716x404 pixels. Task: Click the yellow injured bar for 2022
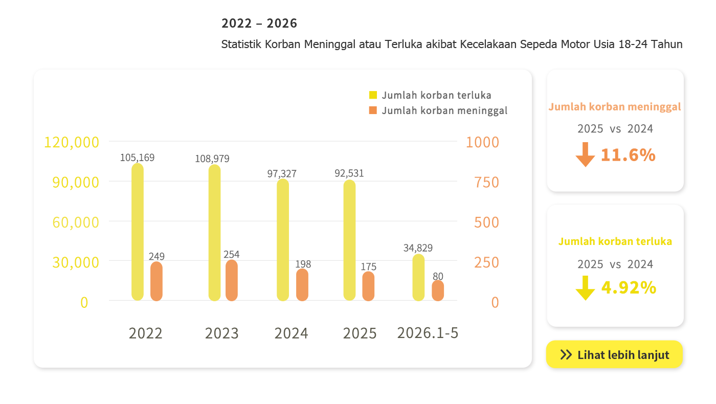pos(138,232)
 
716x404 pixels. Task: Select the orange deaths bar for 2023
pos(231,280)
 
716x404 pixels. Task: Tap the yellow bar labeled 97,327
pos(283,240)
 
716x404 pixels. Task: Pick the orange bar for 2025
pos(368,286)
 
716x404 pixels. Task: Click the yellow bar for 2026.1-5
pos(418,277)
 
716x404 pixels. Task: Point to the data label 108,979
pos(212,159)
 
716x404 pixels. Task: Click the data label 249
pos(156,256)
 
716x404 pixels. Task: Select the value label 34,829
pos(418,248)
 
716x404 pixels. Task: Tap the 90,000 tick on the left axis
pos(76,182)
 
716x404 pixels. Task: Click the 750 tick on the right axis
pos(486,182)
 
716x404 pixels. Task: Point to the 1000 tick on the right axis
pos(482,142)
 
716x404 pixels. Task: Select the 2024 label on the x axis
pos(291,333)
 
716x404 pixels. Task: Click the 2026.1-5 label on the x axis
pos(428,333)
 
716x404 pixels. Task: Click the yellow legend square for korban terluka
pos(373,95)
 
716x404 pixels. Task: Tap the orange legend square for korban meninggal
pos(373,110)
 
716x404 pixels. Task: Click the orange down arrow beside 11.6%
pos(585,154)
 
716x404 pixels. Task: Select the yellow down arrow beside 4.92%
pos(585,288)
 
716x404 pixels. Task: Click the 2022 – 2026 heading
pos(259,24)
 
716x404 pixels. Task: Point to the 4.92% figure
pos(629,287)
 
